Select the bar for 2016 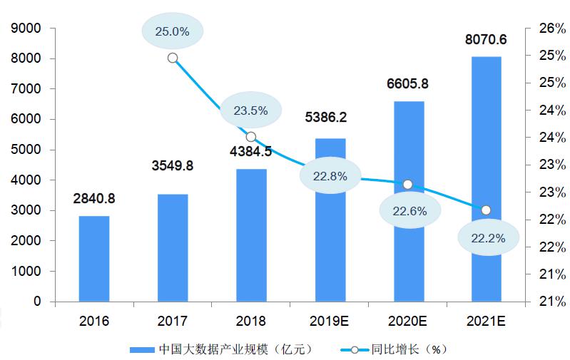tap(94, 258)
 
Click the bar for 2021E tap(486, 178)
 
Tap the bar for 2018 tap(251, 235)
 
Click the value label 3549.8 tap(173, 166)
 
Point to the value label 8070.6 tap(487, 39)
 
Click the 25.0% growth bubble tap(173, 31)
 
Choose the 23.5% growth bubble tap(250, 110)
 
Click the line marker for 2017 tap(173, 58)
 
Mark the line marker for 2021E tap(486, 210)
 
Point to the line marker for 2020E tap(407, 185)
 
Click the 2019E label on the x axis tap(330, 321)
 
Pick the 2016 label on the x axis tap(94, 321)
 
